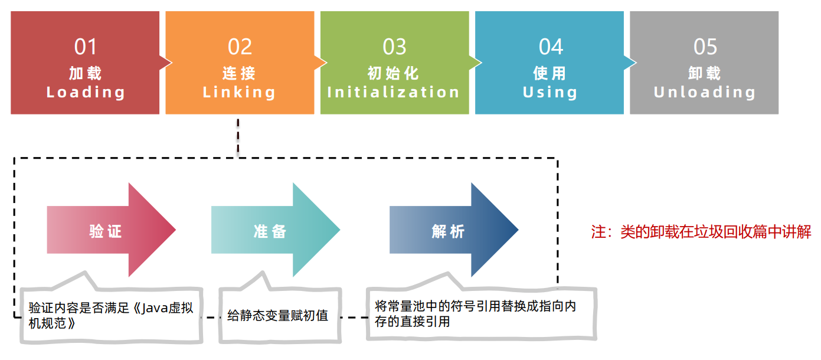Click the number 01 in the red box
86,47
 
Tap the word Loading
86,92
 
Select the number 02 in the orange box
240,47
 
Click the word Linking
240,92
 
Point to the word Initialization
394,92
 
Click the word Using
550,92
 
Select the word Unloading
705,92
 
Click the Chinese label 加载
86,73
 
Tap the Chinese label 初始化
394,73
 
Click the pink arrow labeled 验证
106,231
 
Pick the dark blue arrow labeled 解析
449,231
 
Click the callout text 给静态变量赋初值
277,316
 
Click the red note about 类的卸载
701,231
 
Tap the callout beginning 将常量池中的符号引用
475,314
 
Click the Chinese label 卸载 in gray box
705,73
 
